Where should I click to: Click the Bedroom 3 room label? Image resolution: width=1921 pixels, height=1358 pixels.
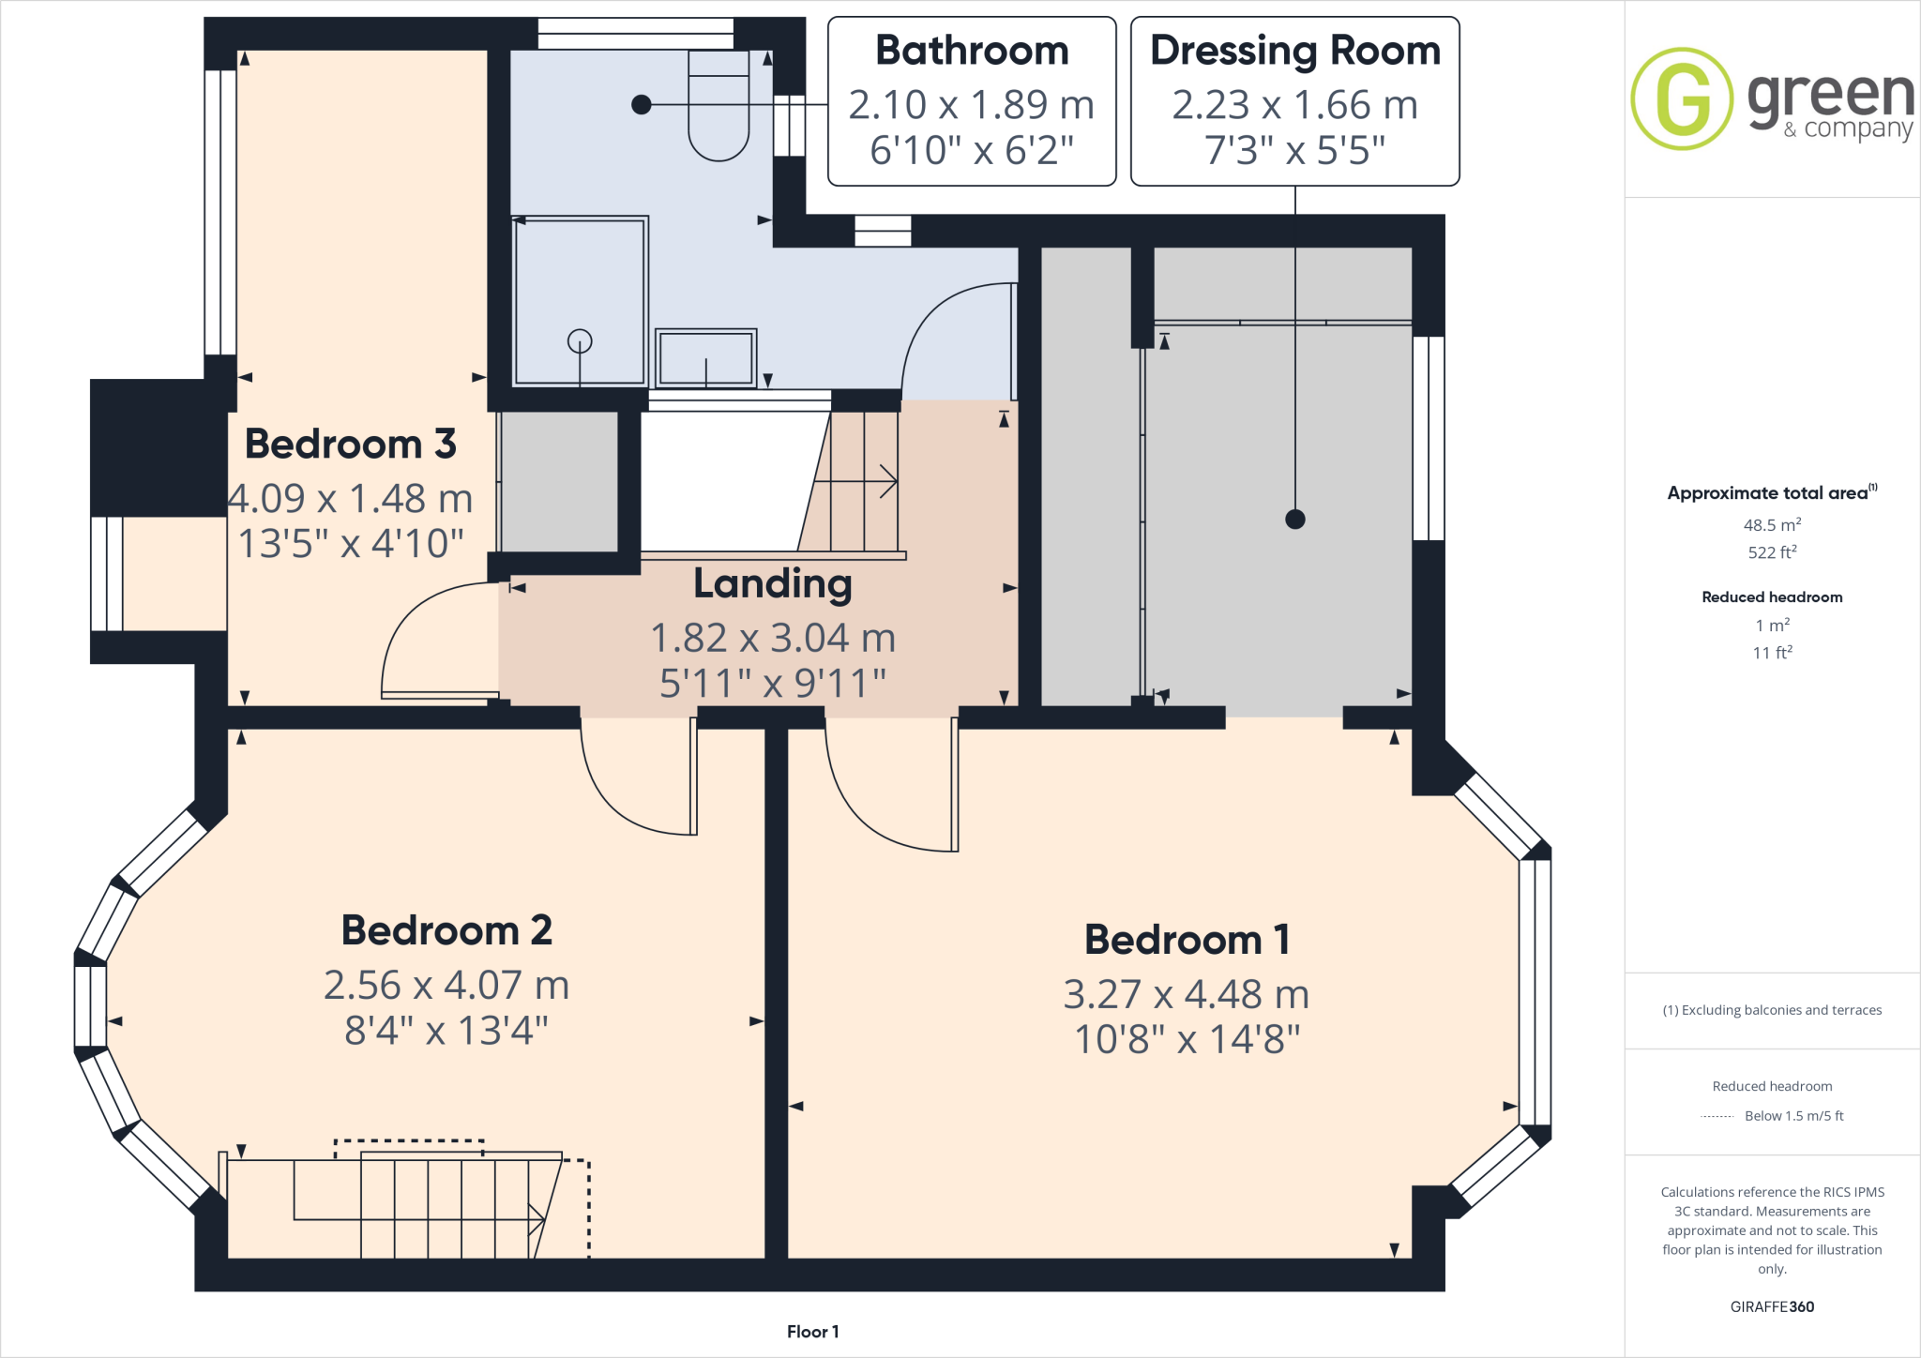click(x=350, y=445)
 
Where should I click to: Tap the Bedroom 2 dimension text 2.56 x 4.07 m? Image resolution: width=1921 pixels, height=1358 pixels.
click(x=446, y=986)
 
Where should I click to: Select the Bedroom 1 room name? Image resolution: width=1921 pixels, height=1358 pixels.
click(x=1187, y=940)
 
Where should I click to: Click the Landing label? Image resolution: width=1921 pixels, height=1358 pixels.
click(x=772, y=583)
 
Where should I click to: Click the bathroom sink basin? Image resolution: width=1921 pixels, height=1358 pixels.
click(x=705, y=358)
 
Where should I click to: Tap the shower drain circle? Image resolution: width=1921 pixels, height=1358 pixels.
click(x=580, y=340)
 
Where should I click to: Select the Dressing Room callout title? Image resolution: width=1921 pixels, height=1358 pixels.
click(x=1294, y=51)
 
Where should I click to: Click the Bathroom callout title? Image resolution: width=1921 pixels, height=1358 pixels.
click(x=972, y=51)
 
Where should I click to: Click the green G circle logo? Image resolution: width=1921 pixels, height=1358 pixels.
click(x=1681, y=98)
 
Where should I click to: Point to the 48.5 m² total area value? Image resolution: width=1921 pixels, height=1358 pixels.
click(x=1772, y=525)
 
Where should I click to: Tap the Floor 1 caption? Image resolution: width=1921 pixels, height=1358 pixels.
click(x=812, y=1332)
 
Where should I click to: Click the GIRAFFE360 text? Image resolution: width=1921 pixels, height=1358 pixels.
click(x=1772, y=1306)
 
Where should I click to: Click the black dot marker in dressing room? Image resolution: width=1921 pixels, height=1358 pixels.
click(x=1295, y=519)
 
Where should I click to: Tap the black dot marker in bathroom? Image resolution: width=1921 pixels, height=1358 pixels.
click(x=642, y=104)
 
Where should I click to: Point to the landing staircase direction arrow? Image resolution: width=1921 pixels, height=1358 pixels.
click(x=885, y=481)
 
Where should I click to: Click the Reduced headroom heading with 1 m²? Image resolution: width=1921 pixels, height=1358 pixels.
click(x=1772, y=597)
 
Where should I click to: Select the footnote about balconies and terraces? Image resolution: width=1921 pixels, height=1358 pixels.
click(x=1772, y=1010)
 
